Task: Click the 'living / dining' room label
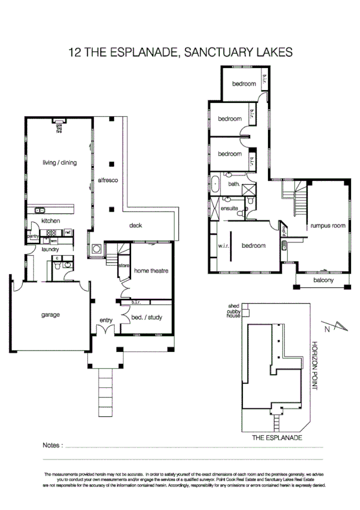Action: (59, 162)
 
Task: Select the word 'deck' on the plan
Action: (136, 226)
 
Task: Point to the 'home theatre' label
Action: (151, 271)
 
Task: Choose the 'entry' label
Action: (106, 321)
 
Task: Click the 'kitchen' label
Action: (51, 221)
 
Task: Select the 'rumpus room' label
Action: (328, 226)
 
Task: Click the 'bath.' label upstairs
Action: (234, 184)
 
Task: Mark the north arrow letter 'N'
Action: (327, 329)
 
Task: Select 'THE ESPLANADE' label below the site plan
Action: (276, 438)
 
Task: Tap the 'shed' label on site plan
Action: (233, 306)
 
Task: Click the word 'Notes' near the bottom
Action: (52, 446)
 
